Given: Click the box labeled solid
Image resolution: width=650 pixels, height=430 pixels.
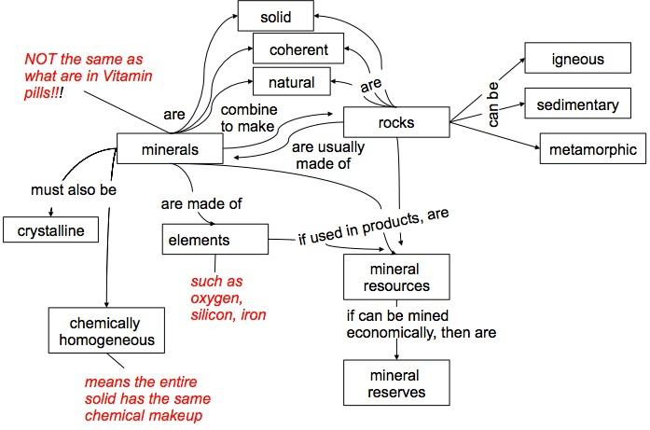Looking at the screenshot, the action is pos(276,16).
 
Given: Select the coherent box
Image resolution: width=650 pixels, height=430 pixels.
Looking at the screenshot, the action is pos(298,49).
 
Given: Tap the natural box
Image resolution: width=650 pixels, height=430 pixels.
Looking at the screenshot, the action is pos(291,81).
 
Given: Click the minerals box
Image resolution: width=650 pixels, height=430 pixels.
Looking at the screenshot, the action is pos(170,148).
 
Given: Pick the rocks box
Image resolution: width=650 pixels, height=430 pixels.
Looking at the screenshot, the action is pos(396,122).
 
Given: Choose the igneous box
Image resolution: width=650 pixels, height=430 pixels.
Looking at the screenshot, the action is pos(578,58).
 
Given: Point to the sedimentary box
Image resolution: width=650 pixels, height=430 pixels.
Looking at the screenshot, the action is pos(578,104).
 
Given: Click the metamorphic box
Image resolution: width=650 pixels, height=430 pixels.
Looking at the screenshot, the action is pos(593,148).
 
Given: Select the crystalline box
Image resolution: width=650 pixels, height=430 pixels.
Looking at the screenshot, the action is pos(51,229).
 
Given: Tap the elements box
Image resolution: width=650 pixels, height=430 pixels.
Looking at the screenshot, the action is pos(215,240).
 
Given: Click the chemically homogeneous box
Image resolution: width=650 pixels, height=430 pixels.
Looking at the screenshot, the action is pos(106,330).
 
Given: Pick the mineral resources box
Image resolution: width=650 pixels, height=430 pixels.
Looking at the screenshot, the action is pos(396,277).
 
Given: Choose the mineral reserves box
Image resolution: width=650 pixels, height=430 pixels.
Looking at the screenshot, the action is pos(396,382).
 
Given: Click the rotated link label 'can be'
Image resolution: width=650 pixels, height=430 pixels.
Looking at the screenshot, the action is pos(493,104).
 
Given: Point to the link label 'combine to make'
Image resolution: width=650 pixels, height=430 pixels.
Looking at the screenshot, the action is pos(249,118).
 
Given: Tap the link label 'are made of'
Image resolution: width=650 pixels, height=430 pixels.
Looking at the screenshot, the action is pos(201,203).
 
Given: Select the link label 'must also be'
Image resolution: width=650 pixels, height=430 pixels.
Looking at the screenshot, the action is pos(74,190).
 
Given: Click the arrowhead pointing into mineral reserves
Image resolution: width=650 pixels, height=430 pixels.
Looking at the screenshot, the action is pos(396,356).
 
